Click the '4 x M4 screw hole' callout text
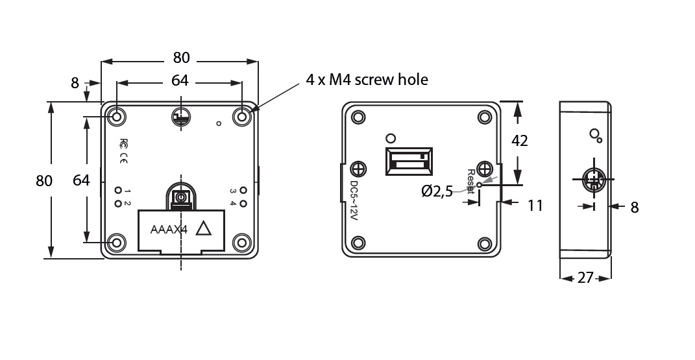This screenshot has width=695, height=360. coord(367,80)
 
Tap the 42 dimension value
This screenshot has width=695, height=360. coord(519,141)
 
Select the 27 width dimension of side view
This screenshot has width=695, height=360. coord(585,278)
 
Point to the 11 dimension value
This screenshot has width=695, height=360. coord(535,206)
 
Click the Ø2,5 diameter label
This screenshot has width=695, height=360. coord(437,191)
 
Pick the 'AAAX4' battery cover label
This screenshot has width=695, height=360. coord(168,230)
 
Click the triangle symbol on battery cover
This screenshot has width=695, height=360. coord(204,229)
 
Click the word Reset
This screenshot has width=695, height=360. coord(471,181)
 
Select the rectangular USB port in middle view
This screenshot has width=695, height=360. coord(408,161)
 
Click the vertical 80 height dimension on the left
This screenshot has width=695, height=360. coord(43,181)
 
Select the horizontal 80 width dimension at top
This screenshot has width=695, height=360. coord(181,58)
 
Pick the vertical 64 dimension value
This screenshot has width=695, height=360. coord(81,180)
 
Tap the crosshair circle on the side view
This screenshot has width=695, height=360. coord(593,178)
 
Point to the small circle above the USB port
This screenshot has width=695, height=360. coord(390,138)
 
